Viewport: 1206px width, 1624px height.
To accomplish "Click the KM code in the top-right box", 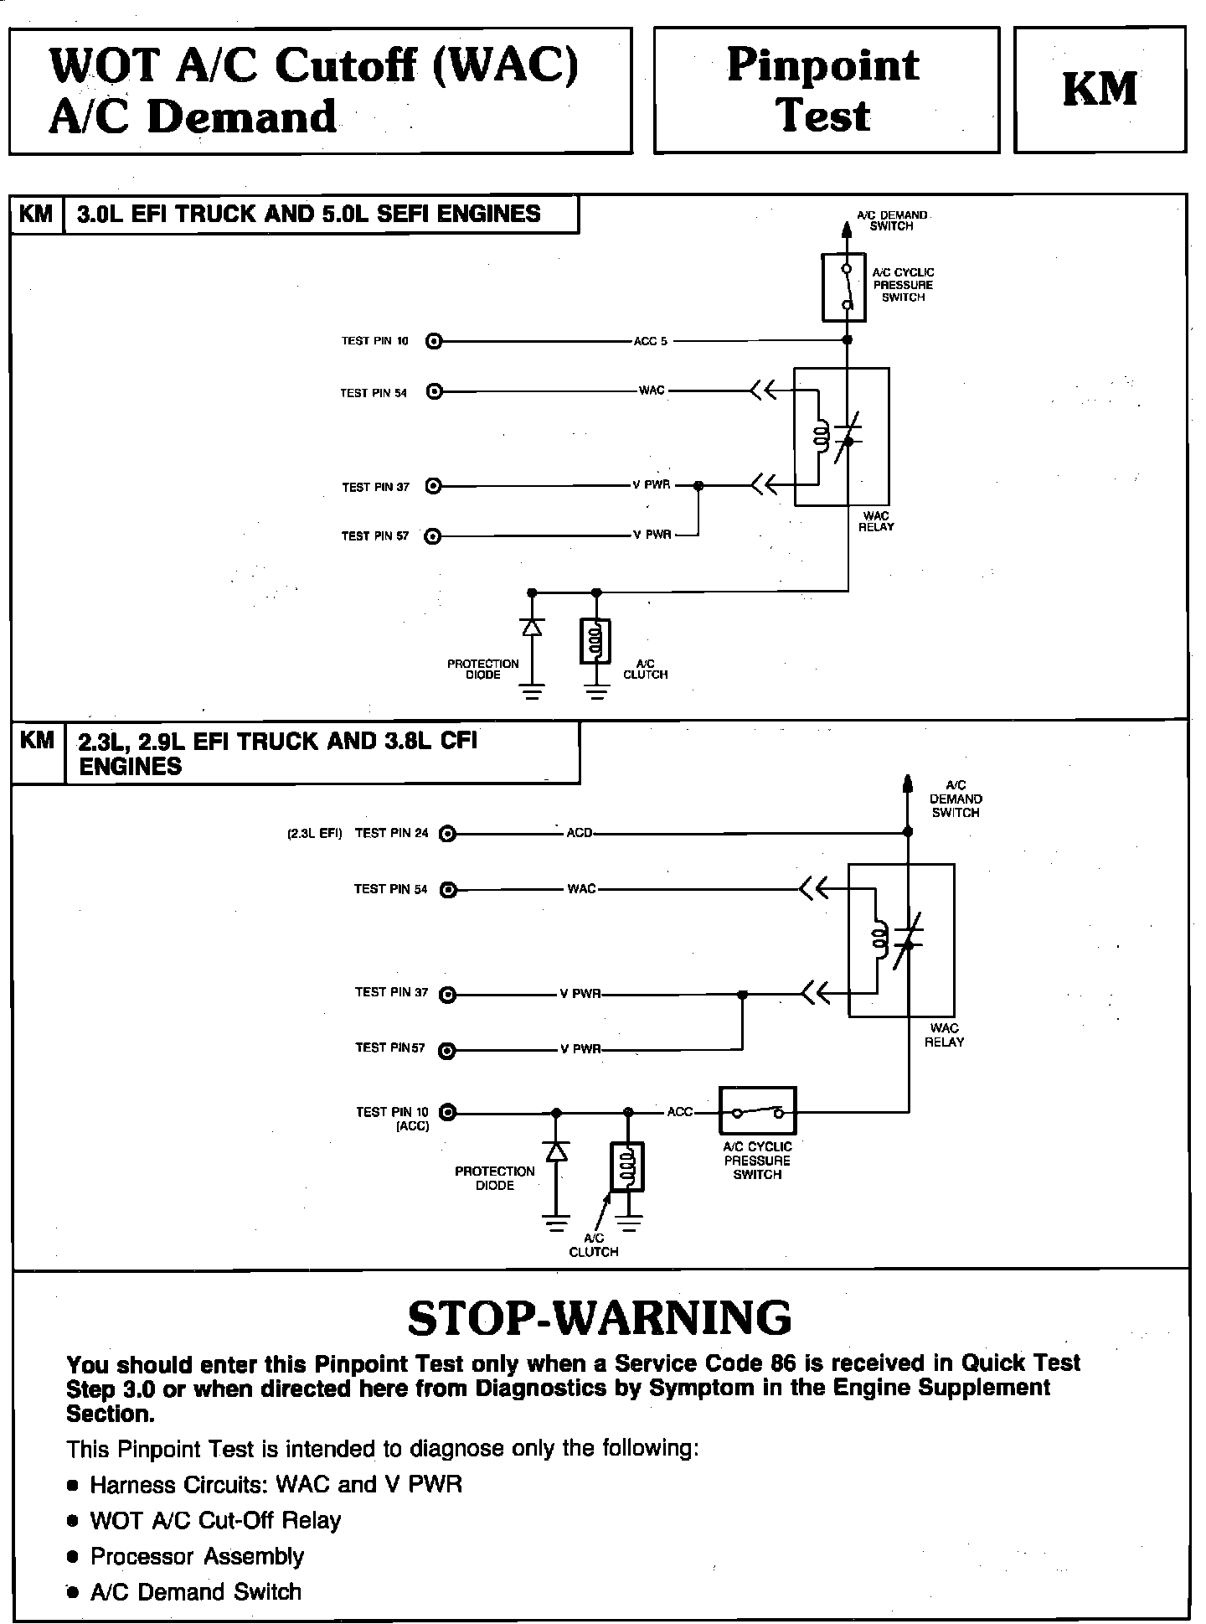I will pyautogui.click(x=1100, y=90).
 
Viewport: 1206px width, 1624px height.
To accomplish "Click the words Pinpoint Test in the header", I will pyautogui.click(x=825, y=90).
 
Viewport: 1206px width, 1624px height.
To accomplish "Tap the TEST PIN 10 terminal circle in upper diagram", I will pyautogui.click(x=434, y=341).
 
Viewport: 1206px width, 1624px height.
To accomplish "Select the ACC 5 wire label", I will pyautogui.click(x=651, y=341).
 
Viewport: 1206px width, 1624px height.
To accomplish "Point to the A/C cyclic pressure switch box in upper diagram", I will pyautogui.click(x=844, y=287).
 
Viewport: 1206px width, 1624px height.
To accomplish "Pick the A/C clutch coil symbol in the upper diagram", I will pyautogui.click(x=595, y=642).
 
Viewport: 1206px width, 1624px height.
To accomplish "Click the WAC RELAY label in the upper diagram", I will pyautogui.click(x=876, y=521).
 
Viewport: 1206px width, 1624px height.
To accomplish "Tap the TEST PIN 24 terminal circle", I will pyautogui.click(x=448, y=834).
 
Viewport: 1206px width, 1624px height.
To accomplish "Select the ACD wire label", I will pyautogui.click(x=580, y=833).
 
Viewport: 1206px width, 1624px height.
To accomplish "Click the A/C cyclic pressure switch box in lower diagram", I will pyautogui.click(x=757, y=1111).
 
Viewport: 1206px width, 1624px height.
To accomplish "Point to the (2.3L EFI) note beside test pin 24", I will pyautogui.click(x=314, y=834).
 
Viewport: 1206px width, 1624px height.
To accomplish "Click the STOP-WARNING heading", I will pyautogui.click(x=600, y=1318).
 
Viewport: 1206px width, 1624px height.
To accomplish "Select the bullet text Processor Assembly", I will pyautogui.click(x=197, y=1556).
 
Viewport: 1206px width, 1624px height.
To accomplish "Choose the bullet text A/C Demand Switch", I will pyautogui.click(x=195, y=1592).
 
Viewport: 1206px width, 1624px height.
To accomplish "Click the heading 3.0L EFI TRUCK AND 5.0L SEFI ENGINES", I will pyautogui.click(x=309, y=215).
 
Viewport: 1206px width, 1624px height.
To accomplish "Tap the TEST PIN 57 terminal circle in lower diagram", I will pyautogui.click(x=448, y=1050).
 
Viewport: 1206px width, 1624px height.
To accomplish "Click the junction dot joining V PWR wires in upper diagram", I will pyautogui.click(x=699, y=485).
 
